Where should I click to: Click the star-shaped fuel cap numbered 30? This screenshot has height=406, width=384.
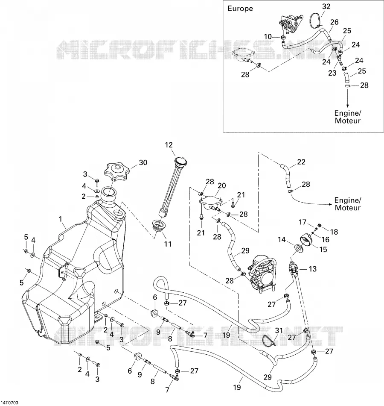116,172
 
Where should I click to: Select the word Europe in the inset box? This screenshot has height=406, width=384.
240,9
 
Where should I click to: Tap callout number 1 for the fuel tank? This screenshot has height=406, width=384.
61,219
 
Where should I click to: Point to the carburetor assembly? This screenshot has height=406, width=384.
261,274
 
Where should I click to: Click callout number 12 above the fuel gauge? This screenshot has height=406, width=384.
169,145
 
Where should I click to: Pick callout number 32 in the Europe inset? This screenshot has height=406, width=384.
326,6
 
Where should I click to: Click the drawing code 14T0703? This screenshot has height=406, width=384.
9,403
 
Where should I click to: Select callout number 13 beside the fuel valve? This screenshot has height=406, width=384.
313,269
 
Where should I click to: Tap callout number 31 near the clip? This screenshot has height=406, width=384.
279,330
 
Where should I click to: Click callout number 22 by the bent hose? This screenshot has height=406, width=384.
301,162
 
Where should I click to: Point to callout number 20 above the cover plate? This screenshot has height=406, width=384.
222,185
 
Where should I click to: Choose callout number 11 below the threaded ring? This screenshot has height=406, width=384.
168,244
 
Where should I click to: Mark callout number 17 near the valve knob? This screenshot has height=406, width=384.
303,222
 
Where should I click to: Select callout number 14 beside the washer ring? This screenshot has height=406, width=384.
282,239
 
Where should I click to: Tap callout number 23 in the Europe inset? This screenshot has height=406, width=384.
332,73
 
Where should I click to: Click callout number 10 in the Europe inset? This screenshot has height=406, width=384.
268,37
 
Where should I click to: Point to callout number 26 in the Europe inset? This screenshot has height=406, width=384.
335,22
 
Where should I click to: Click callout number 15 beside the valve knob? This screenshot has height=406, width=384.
323,250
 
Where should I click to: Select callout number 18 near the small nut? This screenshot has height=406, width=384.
334,232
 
